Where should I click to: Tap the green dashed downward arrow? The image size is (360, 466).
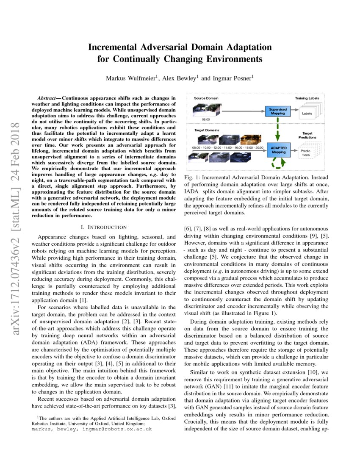[278, 130]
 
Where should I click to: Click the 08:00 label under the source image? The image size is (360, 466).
[206, 120]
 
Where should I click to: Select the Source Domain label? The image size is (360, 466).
[206, 98]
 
